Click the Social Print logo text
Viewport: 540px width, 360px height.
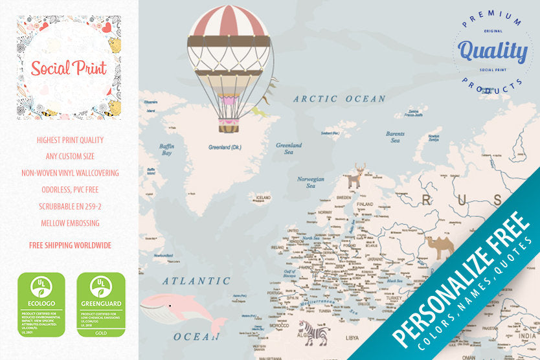tap(69, 67)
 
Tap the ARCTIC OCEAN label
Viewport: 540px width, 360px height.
tap(339, 99)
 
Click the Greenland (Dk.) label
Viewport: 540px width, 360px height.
tap(225, 147)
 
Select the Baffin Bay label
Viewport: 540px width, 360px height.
tap(166, 150)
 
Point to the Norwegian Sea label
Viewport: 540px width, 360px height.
tap(310, 182)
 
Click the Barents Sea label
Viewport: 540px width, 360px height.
tap(395, 137)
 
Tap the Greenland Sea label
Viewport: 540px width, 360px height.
tap(289, 149)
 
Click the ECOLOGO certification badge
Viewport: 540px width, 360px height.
tap(41, 304)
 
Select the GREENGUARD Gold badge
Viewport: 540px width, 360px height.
tap(101, 304)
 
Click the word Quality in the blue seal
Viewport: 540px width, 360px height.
tap(492, 51)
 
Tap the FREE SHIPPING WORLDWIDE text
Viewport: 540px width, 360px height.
tap(70, 245)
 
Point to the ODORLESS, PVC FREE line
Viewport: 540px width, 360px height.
tap(70, 190)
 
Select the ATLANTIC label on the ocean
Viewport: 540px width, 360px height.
tap(196, 281)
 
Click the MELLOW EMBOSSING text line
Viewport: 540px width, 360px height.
tap(70, 223)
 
